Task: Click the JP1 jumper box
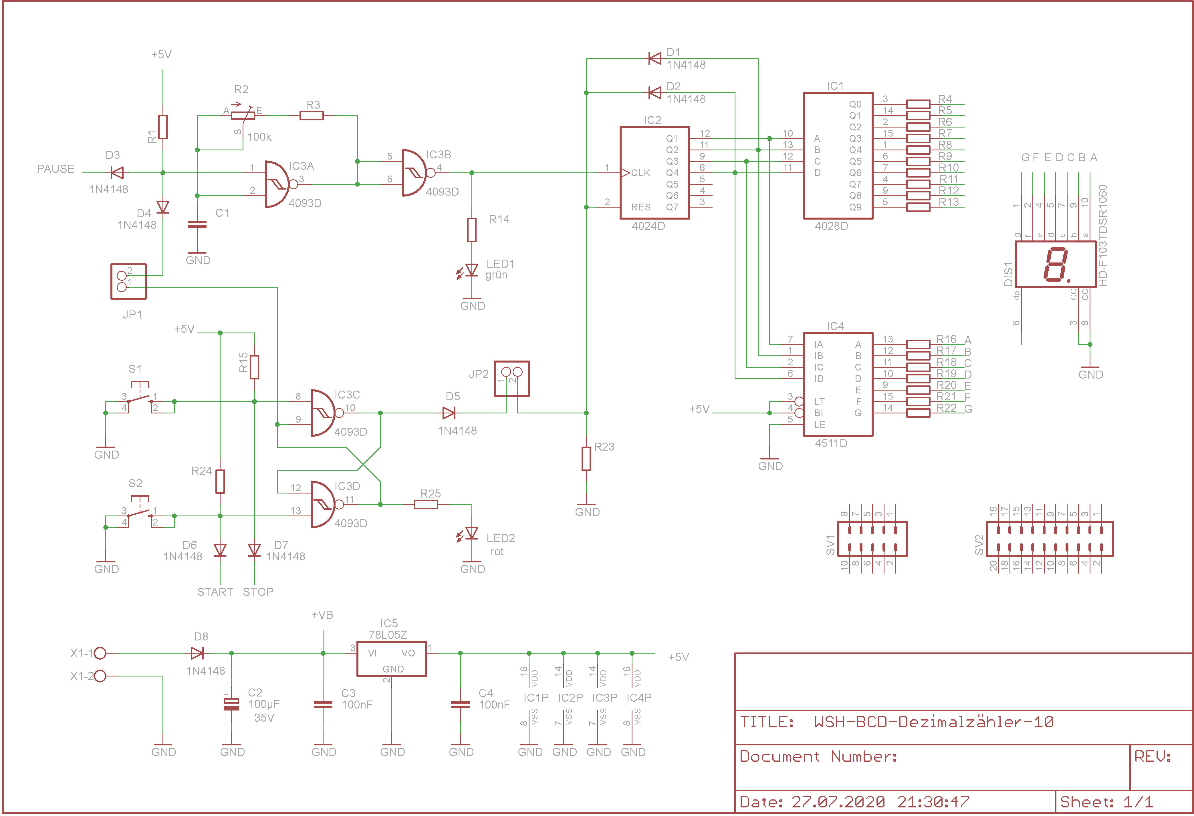point(128,281)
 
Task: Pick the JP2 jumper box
point(512,379)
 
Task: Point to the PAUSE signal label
point(55,169)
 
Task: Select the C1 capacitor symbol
point(197,224)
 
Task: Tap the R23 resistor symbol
point(586,459)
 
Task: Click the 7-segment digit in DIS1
point(1056,264)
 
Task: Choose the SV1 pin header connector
point(872,539)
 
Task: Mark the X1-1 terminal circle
point(100,653)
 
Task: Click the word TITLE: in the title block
point(767,722)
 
